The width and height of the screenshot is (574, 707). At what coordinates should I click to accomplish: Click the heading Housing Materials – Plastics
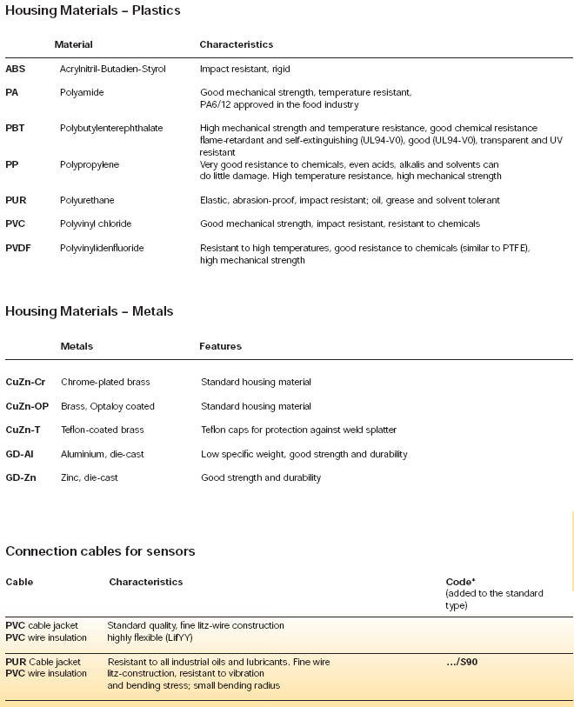coord(93,10)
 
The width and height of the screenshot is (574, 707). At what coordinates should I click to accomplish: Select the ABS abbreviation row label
coord(16,69)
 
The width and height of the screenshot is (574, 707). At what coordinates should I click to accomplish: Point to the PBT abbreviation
coord(17,129)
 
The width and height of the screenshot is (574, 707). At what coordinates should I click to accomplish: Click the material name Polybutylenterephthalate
coord(111,129)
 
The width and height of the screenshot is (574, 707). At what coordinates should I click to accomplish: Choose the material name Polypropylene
coord(90,164)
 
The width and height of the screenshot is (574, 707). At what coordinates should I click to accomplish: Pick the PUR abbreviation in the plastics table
coord(17,200)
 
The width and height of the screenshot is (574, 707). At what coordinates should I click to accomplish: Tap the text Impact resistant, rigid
coord(245,69)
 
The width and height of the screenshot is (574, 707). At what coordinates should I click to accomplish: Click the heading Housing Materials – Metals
coord(90,311)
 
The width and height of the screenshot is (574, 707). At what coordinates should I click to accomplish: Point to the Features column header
coord(220,346)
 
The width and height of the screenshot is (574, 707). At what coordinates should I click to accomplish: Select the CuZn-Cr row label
coord(25,382)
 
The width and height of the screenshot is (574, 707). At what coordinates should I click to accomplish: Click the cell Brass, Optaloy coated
coord(108,406)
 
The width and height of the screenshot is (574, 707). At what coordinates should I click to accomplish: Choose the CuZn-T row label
coord(23,430)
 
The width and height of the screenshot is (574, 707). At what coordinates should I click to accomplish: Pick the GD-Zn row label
coord(20,477)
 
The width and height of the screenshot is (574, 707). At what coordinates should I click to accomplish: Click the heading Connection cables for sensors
coord(100,551)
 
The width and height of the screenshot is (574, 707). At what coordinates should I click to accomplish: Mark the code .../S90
coord(462,663)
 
